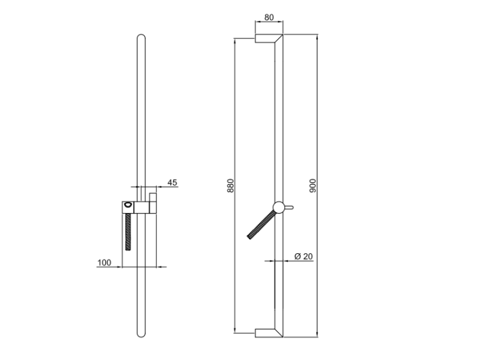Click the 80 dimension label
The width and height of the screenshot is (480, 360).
click(x=269, y=17)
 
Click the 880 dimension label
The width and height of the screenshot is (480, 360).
click(x=230, y=185)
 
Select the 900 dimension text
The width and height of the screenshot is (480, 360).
click(x=312, y=185)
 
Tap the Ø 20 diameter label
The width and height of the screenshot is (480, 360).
click(x=303, y=256)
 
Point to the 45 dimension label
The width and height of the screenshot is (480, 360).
click(x=172, y=183)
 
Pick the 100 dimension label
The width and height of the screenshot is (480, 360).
click(x=104, y=263)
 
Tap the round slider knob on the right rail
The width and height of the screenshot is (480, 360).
click(x=278, y=207)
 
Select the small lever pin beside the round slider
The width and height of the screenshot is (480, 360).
click(x=289, y=207)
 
